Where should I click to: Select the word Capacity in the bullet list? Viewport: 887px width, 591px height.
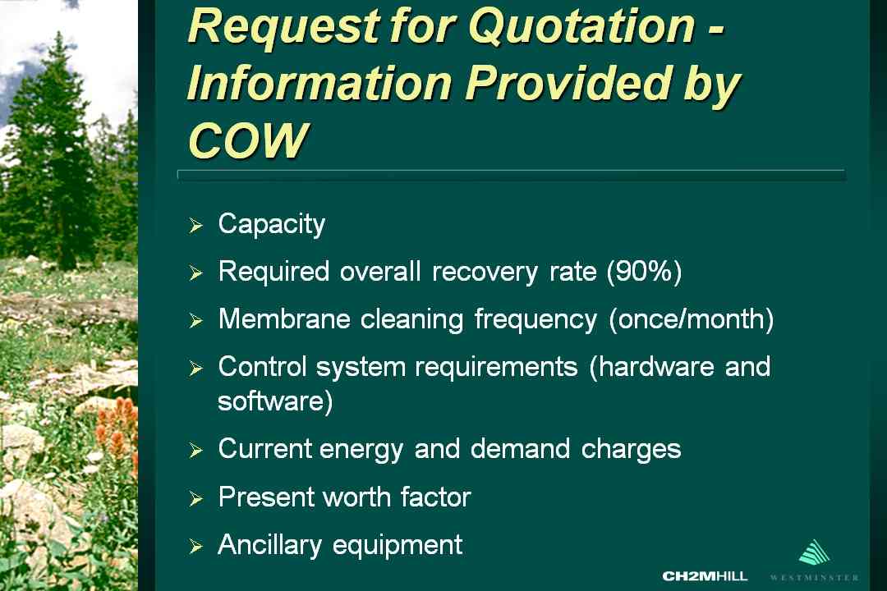tap(272, 225)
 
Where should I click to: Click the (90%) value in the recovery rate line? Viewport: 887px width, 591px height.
tap(645, 272)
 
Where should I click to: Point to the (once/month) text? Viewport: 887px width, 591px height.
tap(692, 319)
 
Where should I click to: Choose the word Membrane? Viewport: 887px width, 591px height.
tap(284, 319)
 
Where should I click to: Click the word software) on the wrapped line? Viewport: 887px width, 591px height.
tap(275, 401)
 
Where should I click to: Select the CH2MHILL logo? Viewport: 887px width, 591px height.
tap(705, 575)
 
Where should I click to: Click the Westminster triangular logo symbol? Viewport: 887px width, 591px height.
tap(815, 552)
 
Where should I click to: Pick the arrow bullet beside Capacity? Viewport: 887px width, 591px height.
tap(195, 225)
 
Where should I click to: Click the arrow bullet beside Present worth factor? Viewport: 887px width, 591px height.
tap(195, 498)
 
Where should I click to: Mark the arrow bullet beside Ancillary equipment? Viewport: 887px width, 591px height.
tap(195, 546)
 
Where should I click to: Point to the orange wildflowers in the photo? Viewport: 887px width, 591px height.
tap(117, 425)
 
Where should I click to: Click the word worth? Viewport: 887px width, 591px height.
tap(356, 497)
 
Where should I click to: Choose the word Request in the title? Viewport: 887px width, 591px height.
tap(283, 26)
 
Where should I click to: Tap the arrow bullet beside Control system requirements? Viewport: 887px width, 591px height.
tap(195, 369)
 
